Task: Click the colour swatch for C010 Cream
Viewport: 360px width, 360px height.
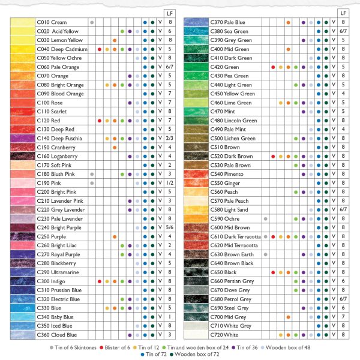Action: [x=22, y=22]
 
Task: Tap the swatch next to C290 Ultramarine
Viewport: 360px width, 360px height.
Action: [x=22, y=272]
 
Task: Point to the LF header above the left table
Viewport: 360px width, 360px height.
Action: [x=170, y=13]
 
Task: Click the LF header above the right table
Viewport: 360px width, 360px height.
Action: [x=343, y=13]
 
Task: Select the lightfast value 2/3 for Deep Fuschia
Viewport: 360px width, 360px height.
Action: [x=170, y=138]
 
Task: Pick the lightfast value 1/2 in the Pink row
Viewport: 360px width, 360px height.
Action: [x=170, y=182]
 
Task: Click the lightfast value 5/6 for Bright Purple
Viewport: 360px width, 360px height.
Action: [x=170, y=227]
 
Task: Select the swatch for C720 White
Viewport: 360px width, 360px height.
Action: [x=196, y=335]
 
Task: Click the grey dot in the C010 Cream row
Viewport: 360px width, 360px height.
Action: [x=92, y=22]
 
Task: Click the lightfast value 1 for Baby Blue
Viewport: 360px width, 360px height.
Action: [x=170, y=317]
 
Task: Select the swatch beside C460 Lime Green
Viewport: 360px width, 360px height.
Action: [x=196, y=103]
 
